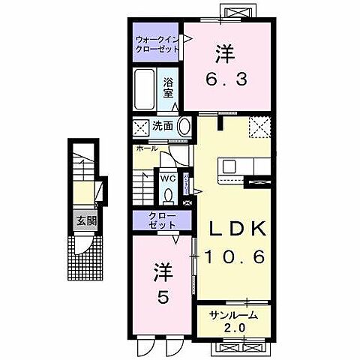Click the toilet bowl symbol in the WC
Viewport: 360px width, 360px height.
167,194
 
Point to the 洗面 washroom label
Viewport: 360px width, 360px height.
164,126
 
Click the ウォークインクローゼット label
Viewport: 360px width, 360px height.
157,43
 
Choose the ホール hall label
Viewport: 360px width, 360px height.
147,148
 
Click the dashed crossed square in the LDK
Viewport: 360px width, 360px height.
259,127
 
